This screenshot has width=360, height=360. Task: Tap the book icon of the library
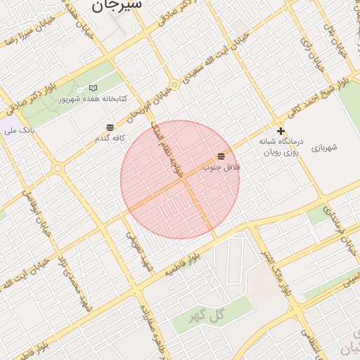click(94, 88)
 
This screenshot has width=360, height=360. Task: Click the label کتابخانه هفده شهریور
click(93, 99)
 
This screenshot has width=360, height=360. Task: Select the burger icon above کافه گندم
click(110, 127)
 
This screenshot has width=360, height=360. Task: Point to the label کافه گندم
click(110, 139)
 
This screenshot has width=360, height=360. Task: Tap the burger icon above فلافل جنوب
click(221, 156)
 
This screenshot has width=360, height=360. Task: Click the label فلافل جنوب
click(221, 167)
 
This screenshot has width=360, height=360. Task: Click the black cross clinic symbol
click(281, 131)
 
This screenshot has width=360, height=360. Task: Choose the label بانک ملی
click(19, 131)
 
